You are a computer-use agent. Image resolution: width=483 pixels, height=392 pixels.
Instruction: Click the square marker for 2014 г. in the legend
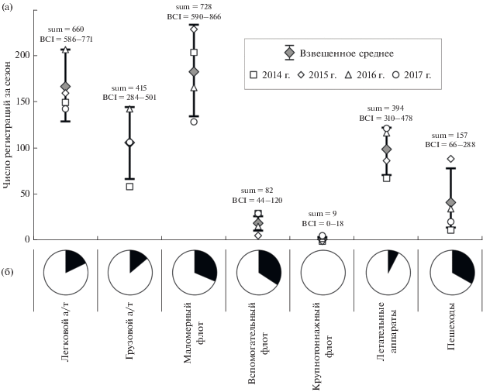pos(254,76)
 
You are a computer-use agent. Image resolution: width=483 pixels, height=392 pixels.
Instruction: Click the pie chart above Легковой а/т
pos(65,273)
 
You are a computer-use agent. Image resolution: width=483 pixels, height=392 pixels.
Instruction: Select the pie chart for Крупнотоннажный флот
pos(322,273)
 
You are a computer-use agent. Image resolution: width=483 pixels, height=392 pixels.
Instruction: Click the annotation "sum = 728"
pos(194,6)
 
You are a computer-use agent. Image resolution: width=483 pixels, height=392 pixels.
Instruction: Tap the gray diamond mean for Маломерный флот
pos(194,72)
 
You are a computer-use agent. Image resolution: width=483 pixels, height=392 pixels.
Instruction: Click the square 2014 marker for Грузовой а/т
pos(129,187)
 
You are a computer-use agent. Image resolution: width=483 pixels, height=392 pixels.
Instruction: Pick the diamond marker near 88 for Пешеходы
pos(450,159)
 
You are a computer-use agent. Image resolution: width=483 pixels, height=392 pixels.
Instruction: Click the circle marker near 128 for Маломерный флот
pos(194,122)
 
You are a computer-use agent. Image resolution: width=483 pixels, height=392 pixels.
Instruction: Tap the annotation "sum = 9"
pos(322,213)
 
